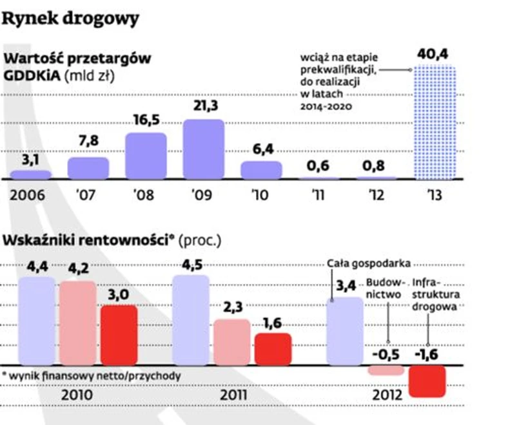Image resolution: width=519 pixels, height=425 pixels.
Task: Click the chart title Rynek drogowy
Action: click(x=70, y=18)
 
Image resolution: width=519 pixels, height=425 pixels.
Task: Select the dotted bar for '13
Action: click(x=434, y=122)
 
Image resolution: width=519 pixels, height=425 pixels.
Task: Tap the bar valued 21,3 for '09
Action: click(x=204, y=149)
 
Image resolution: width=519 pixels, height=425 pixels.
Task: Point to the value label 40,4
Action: click(x=433, y=55)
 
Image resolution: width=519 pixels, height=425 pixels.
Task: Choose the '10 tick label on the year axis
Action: click(x=261, y=194)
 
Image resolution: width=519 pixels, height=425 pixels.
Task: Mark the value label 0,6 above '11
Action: click(x=318, y=167)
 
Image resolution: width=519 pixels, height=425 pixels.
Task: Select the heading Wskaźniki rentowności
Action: click(x=88, y=241)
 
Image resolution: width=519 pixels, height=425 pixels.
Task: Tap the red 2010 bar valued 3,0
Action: click(x=119, y=335)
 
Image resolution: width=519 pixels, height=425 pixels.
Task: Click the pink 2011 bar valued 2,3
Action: click(x=232, y=342)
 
